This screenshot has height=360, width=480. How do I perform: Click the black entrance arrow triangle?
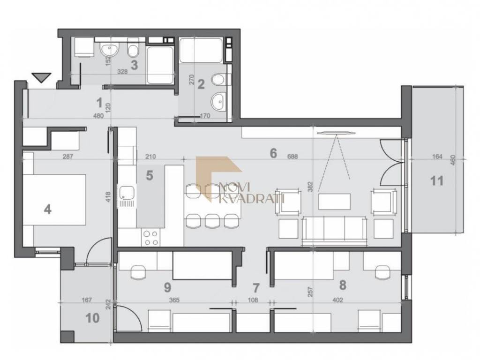[x=41, y=77]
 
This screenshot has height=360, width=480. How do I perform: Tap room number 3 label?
[x=134, y=65]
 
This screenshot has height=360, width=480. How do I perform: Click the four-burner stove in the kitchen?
[x=151, y=238]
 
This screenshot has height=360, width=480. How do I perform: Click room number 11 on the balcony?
[x=437, y=180]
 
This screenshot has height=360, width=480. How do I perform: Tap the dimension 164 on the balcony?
[x=437, y=157]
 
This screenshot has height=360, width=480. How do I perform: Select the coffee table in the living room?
[x=334, y=201]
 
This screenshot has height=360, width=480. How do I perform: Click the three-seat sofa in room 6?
[x=334, y=231]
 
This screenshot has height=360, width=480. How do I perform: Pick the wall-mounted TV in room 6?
[x=336, y=133]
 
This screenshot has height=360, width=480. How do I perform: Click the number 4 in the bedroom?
[x=47, y=210]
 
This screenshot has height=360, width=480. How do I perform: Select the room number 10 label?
[x=92, y=318]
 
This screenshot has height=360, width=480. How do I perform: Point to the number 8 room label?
[x=343, y=285]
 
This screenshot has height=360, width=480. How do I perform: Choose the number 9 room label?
[x=167, y=287]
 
